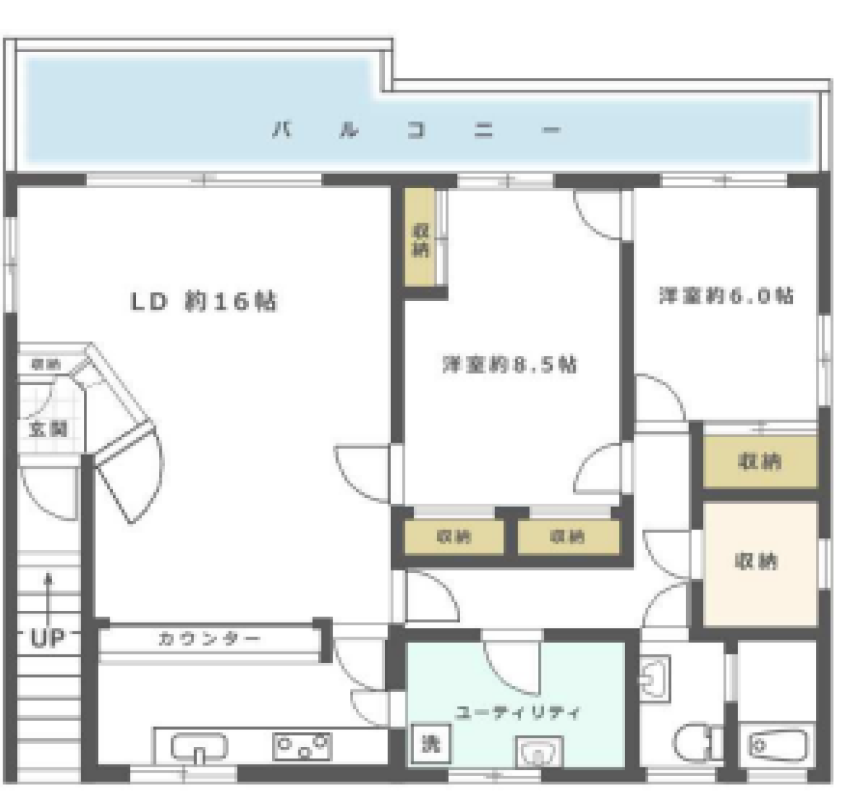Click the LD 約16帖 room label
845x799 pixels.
pos(203,302)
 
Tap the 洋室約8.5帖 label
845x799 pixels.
pos(509,364)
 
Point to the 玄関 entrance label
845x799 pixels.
pos(48,429)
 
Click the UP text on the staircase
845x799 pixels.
pos(47,638)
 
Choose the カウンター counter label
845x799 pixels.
pos(209,639)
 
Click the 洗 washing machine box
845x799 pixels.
pos(430,744)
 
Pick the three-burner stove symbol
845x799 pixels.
pos(302,747)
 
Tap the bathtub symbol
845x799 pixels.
pos(775,746)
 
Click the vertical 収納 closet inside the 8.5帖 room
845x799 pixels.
pos(421,240)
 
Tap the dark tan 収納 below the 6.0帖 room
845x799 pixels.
pos(760,461)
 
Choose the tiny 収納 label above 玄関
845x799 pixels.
pos(46,364)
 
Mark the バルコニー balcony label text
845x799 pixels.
pos(417,130)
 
